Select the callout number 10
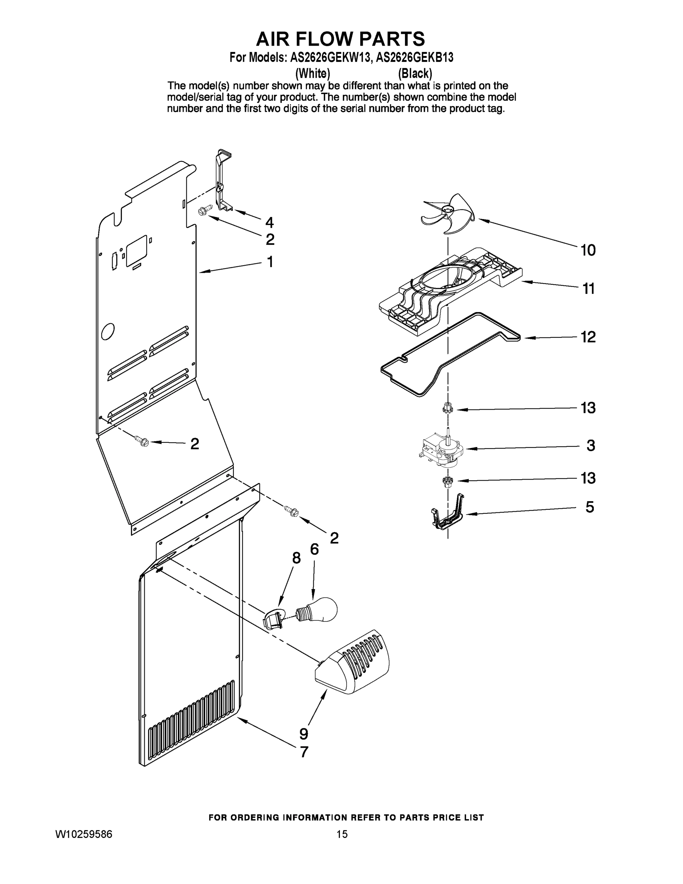coord(588,250)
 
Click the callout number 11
coord(588,289)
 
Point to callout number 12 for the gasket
coord(588,337)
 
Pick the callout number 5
coord(590,507)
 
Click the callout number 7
coord(303,752)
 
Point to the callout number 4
coord(269,222)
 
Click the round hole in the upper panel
coord(108,332)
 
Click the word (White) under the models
coord(312,74)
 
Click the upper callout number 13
coord(588,408)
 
